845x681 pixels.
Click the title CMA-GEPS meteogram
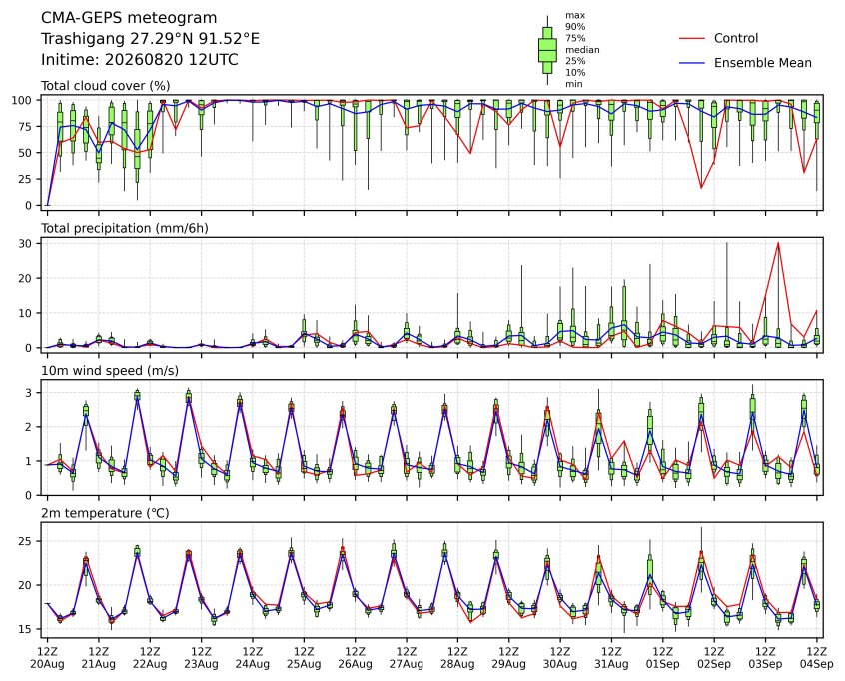click(x=129, y=18)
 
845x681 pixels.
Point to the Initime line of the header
click(x=140, y=59)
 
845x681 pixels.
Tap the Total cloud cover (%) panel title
click(x=106, y=86)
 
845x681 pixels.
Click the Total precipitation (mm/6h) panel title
click(x=125, y=228)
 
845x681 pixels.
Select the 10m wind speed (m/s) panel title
click(x=110, y=371)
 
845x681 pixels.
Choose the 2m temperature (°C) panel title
click(x=105, y=513)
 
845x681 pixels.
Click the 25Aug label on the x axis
click(x=304, y=664)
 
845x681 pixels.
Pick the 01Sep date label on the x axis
click(x=663, y=664)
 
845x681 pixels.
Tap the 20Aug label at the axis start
click(x=47, y=664)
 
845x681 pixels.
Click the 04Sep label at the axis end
click(x=817, y=664)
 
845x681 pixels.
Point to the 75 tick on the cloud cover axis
click(x=26, y=126)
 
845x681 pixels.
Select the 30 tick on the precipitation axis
click(x=26, y=244)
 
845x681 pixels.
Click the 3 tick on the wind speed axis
click(x=29, y=393)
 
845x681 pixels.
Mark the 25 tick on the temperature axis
click(x=26, y=541)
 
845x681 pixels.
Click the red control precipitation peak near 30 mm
click(x=778, y=243)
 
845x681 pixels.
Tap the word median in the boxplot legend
click(x=582, y=50)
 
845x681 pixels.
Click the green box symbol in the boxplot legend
click(x=547, y=50)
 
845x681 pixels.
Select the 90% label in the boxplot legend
click(x=575, y=27)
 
